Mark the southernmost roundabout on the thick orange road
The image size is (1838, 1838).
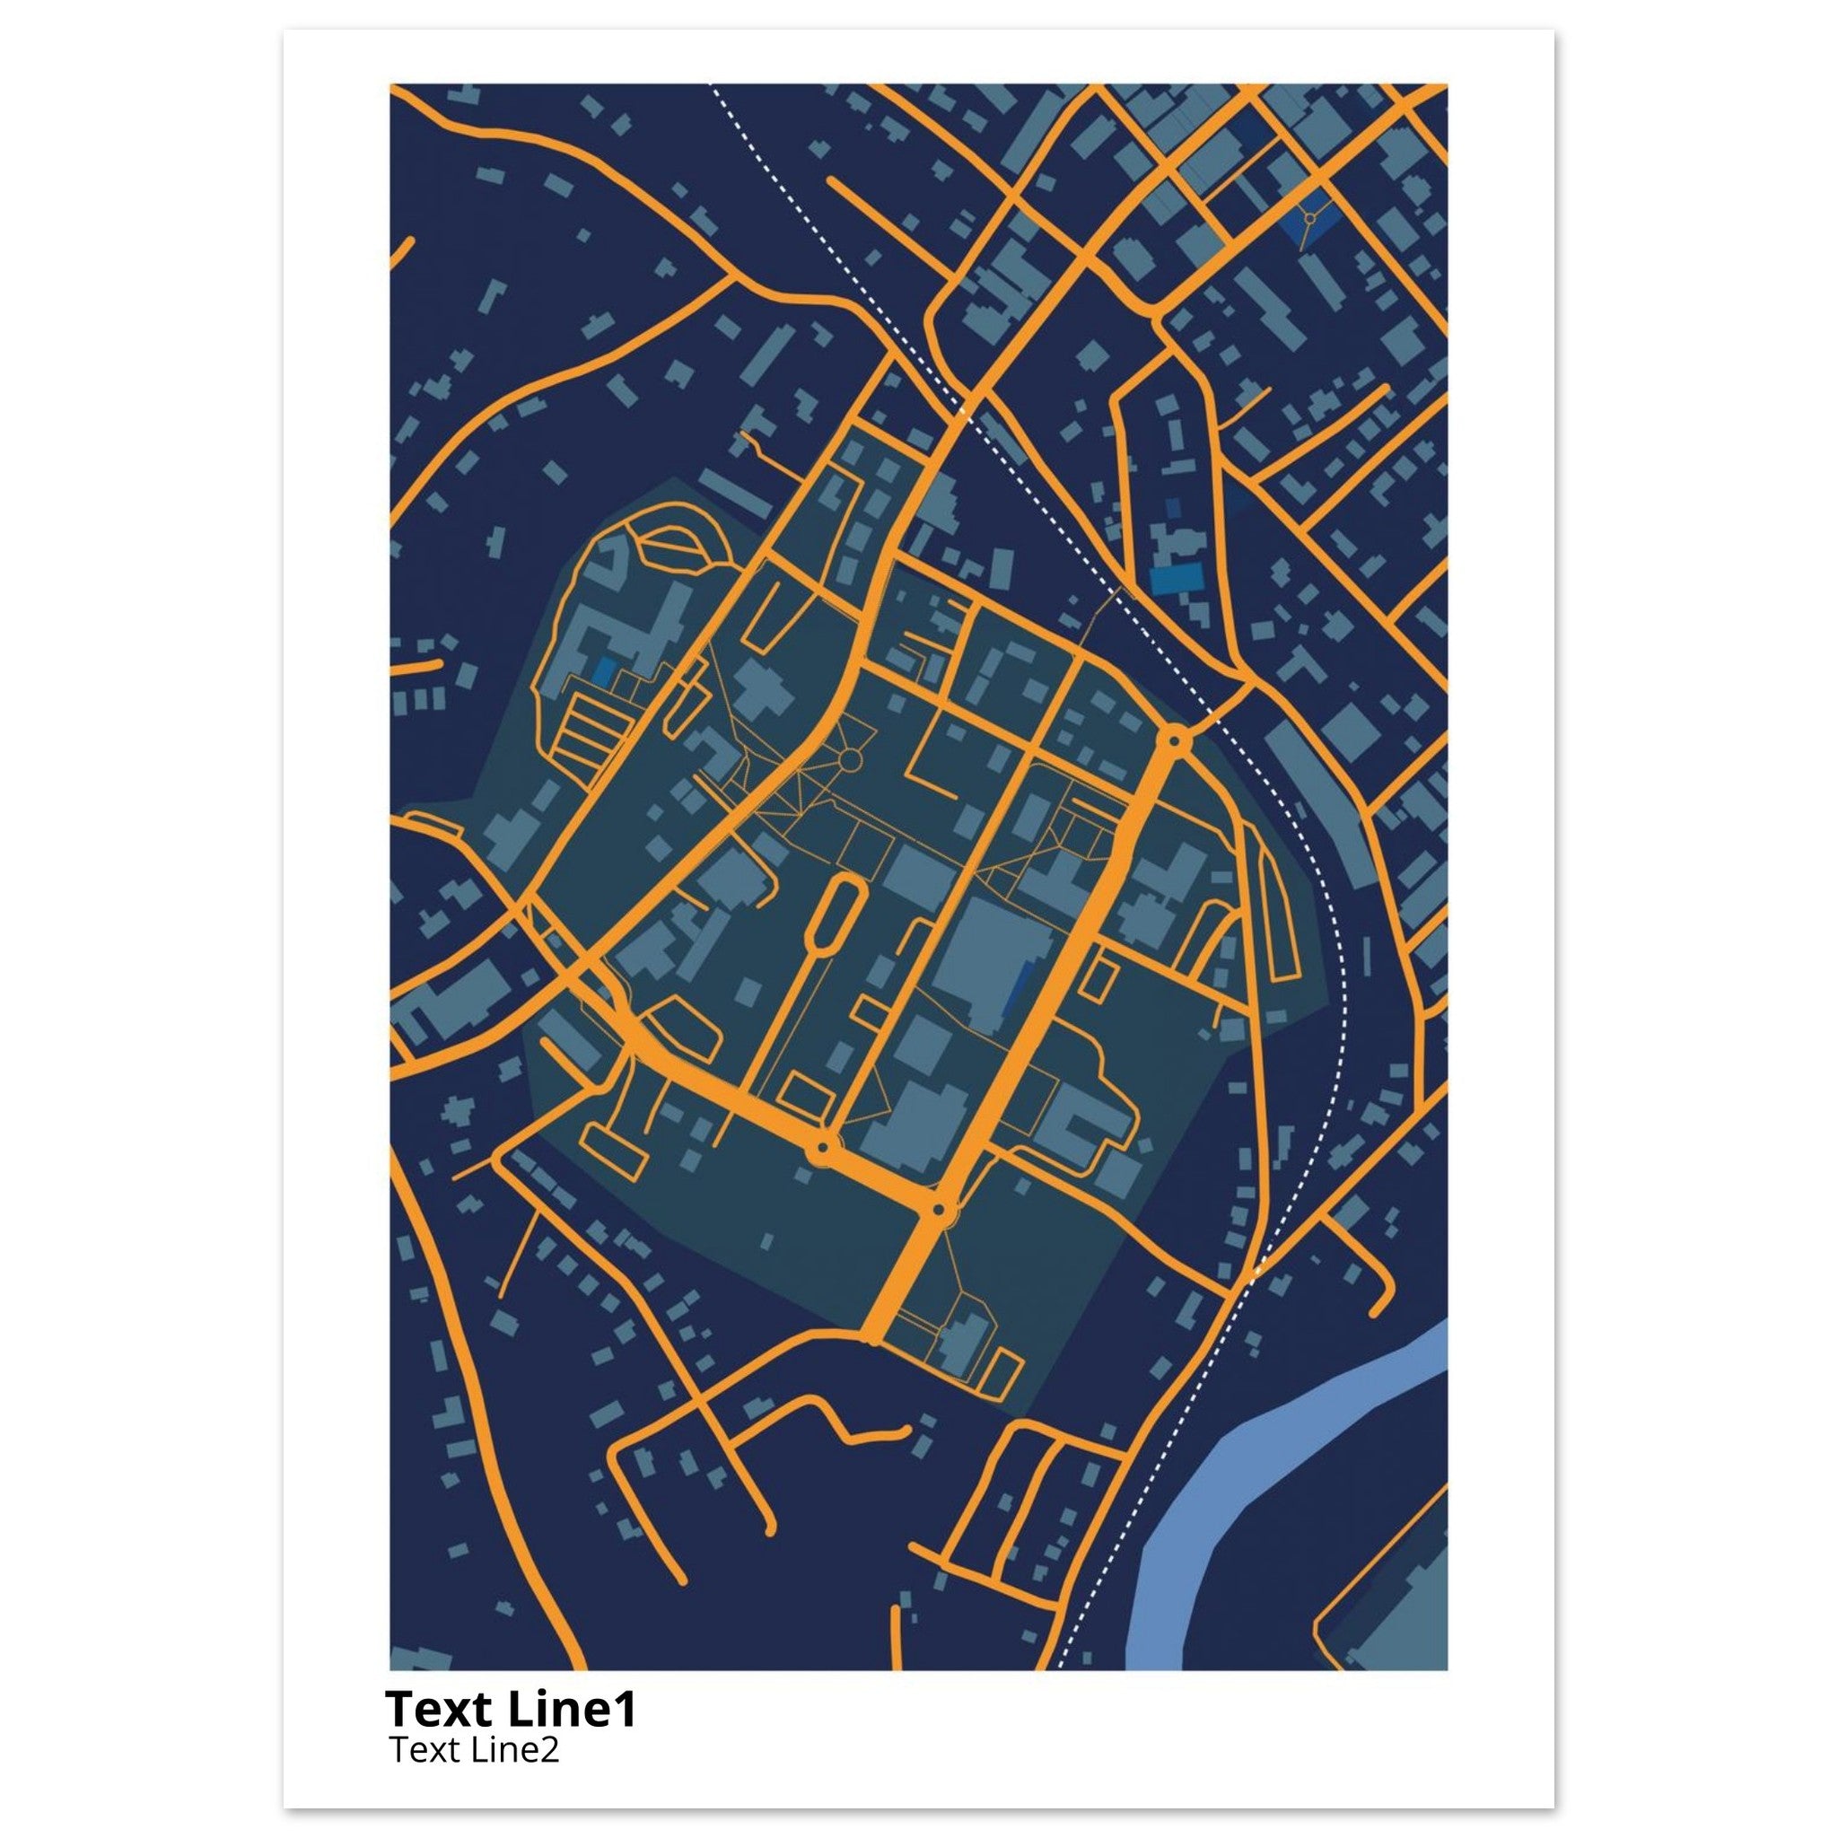point(940,1211)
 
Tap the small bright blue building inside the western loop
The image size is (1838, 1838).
point(602,671)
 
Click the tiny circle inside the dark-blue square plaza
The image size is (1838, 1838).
point(1310,219)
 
